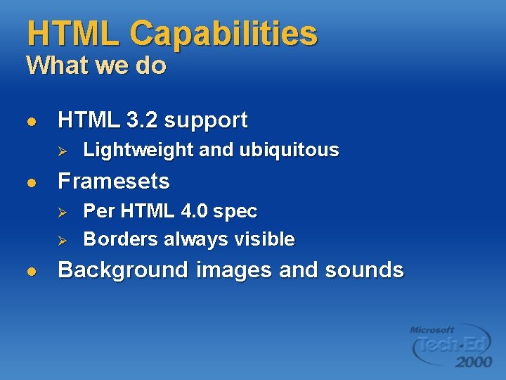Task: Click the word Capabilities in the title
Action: (x=223, y=34)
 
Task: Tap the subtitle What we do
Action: (x=96, y=66)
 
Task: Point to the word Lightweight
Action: (x=138, y=150)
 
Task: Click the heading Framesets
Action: (x=114, y=182)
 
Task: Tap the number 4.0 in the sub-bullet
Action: (x=194, y=211)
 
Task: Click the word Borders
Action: (x=121, y=239)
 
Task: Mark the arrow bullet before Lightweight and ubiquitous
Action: (x=61, y=151)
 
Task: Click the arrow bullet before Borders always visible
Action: (x=61, y=240)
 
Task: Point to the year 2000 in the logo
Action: (x=473, y=362)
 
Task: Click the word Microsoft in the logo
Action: (x=432, y=329)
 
